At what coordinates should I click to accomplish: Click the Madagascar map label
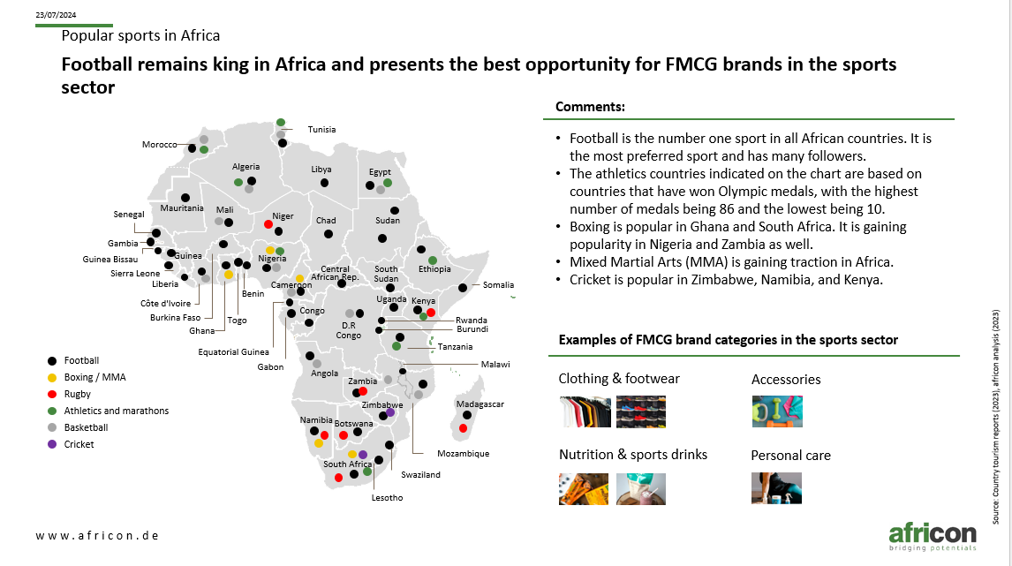coord(480,404)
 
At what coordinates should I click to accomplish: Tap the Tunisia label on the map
coord(321,129)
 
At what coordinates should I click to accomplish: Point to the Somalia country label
coord(498,284)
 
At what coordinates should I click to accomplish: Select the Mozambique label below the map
coord(463,454)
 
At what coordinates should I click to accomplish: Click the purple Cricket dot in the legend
coord(52,444)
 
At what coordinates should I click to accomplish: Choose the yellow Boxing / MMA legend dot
coord(52,377)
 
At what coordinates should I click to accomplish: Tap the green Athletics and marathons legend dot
coord(52,411)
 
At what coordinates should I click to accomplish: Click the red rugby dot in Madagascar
coord(463,428)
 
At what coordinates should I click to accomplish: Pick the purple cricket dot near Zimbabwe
coord(390,412)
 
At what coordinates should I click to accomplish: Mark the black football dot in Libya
coord(325,184)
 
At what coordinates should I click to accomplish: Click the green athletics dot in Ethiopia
coord(433,260)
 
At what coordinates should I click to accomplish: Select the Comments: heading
coord(590,107)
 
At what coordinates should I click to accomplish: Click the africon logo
coord(933,537)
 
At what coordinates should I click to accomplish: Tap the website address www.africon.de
coord(97,536)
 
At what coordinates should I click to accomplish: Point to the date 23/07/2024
coord(56,15)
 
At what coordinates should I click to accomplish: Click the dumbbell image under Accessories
coord(777,411)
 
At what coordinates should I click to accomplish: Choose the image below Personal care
coord(776,488)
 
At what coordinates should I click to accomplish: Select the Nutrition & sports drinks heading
coord(633,455)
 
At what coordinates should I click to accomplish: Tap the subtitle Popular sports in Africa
coord(140,35)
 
